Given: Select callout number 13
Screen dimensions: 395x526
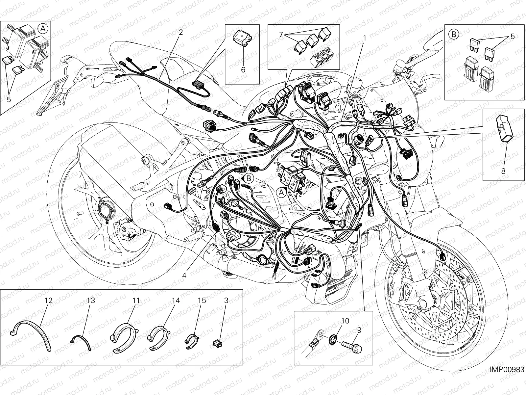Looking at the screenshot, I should point(91,300).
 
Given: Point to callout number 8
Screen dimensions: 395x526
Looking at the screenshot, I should point(503,171).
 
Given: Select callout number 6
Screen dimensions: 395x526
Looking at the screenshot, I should point(243,70).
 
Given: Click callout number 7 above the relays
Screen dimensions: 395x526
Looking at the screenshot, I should point(281,35).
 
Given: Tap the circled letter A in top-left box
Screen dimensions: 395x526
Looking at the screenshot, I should point(43,29).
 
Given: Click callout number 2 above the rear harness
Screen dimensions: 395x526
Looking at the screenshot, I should point(180,32).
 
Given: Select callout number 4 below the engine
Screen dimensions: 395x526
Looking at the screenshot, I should point(184,275).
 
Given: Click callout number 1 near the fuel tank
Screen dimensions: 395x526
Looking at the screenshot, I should point(364,38).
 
